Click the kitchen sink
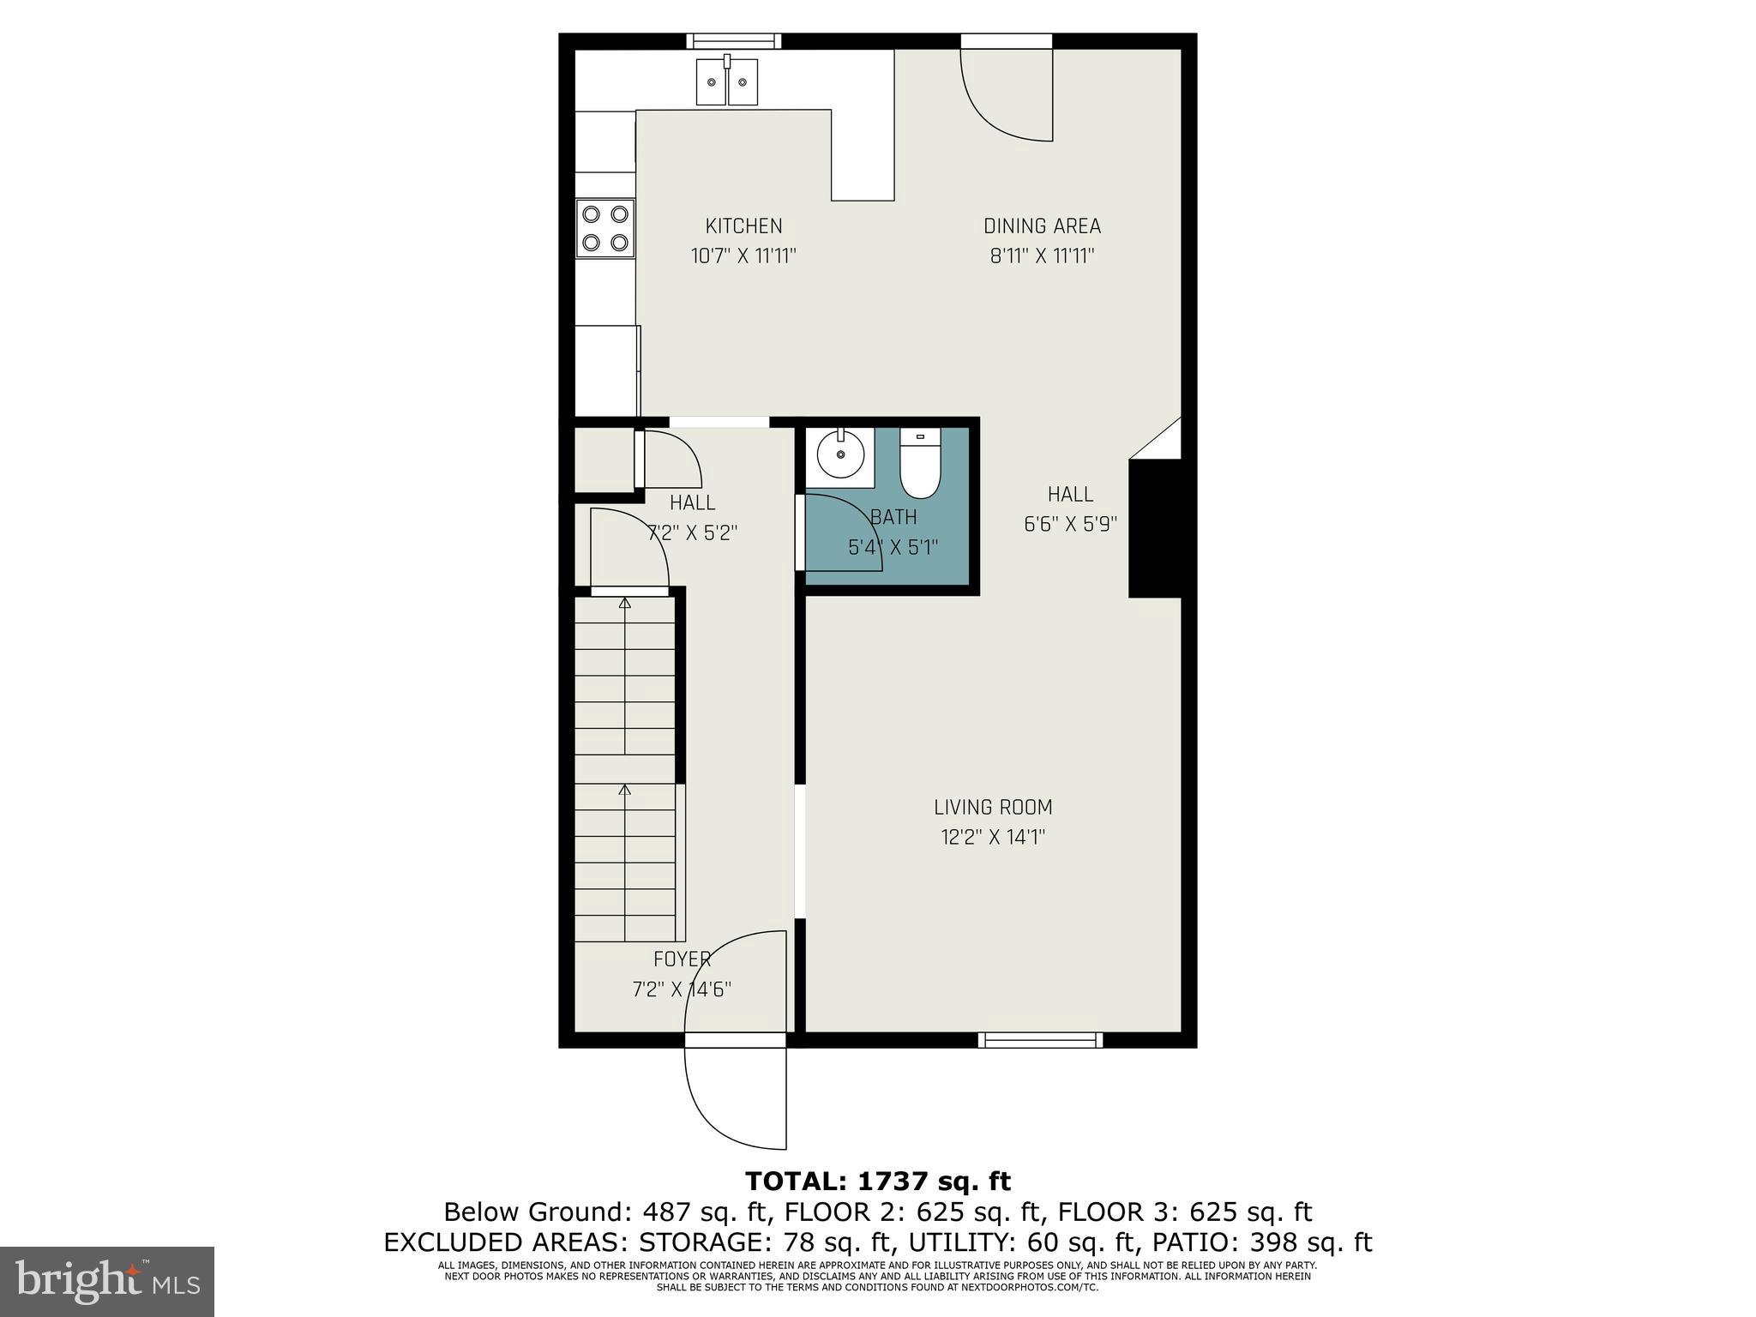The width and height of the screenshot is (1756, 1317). click(x=727, y=81)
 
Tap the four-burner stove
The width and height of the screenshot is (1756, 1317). click(x=604, y=228)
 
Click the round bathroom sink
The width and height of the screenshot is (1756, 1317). click(x=839, y=455)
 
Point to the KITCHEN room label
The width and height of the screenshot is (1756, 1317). click(x=743, y=226)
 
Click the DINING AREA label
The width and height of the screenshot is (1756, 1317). click(x=1042, y=226)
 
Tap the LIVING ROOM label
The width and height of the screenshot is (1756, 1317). click(x=993, y=807)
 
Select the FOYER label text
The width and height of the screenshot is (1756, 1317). click(x=682, y=959)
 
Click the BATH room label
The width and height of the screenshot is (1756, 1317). click(x=893, y=517)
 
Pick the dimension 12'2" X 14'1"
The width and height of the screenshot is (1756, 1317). click(x=993, y=837)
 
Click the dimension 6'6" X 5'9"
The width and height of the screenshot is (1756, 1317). click(x=1070, y=524)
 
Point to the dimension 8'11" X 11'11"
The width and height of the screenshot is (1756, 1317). click(x=1042, y=256)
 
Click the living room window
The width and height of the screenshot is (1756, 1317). click(x=1040, y=1040)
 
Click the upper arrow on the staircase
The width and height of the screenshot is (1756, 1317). click(x=625, y=604)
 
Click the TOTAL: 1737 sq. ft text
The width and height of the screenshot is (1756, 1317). click(x=878, y=1182)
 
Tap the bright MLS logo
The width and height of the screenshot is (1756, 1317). click(x=107, y=1281)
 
